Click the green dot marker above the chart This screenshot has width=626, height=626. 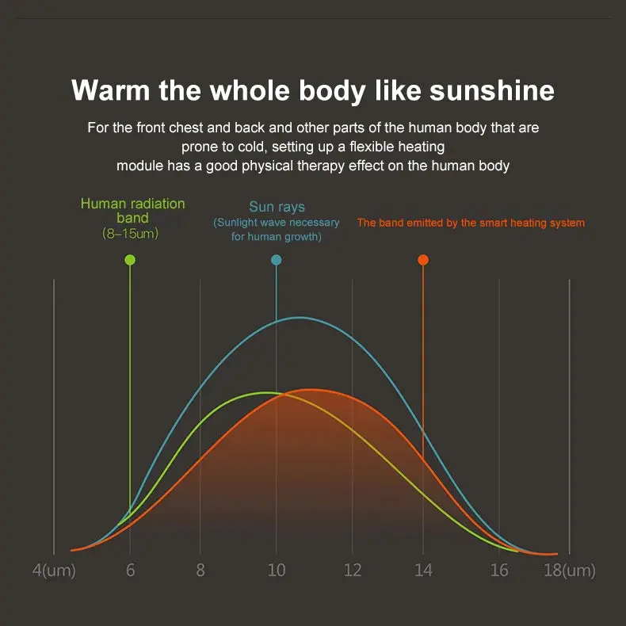click(x=130, y=260)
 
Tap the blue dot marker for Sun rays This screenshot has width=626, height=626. click(x=277, y=260)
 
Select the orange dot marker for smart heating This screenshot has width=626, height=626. click(x=423, y=260)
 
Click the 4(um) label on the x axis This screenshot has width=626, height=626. click(x=54, y=570)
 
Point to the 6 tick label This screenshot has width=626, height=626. click(x=130, y=570)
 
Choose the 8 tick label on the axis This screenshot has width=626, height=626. click(x=200, y=570)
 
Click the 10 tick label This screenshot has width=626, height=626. click(x=277, y=570)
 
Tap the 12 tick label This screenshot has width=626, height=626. click(x=353, y=570)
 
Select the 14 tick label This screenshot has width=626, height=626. click(x=423, y=570)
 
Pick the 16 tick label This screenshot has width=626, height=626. click(x=499, y=570)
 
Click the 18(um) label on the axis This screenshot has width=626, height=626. click(x=570, y=570)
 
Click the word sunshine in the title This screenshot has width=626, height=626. click(x=492, y=90)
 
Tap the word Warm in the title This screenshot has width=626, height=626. click(x=111, y=90)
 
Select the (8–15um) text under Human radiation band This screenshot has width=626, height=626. click(x=130, y=233)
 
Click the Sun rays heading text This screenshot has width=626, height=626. click(x=277, y=207)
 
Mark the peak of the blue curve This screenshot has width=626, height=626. click(x=300, y=318)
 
